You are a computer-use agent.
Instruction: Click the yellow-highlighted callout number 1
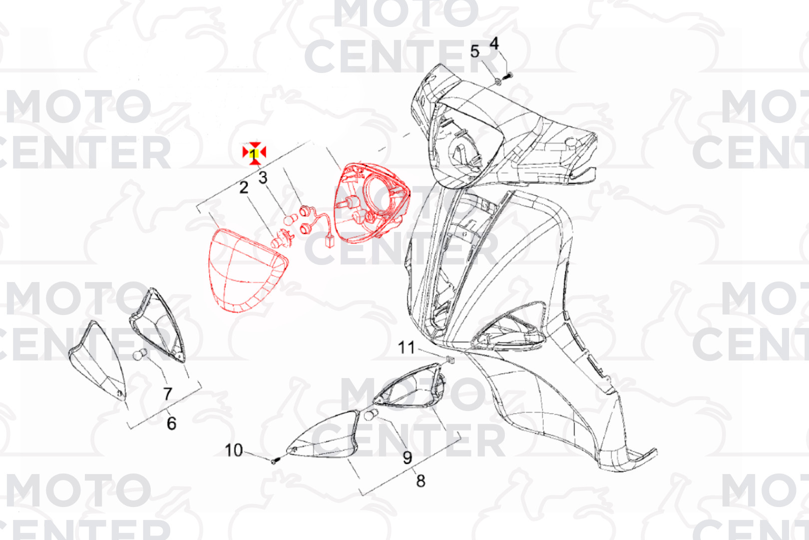(x=254, y=154)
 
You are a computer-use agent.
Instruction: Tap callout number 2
(x=244, y=187)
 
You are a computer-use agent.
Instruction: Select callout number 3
(x=263, y=177)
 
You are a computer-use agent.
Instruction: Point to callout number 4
(x=494, y=43)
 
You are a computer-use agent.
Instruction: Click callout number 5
(x=474, y=51)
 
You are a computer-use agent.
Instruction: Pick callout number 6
(x=172, y=423)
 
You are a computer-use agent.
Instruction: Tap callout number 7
(x=168, y=394)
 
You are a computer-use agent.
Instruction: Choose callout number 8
(x=421, y=480)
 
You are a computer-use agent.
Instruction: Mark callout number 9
(x=407, y=457)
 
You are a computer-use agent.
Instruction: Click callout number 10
(x=234, y=450)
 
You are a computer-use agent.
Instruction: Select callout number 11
(x=406, y=347)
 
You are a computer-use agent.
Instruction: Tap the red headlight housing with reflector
(x=372, y=202)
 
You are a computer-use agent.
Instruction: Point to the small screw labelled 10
(x=276, y=461)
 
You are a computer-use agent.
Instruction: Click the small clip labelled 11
(x=450, y=359)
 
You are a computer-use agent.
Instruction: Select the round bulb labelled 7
(x=140, y=354)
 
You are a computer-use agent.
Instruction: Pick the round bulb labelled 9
(x=371, y=414)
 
